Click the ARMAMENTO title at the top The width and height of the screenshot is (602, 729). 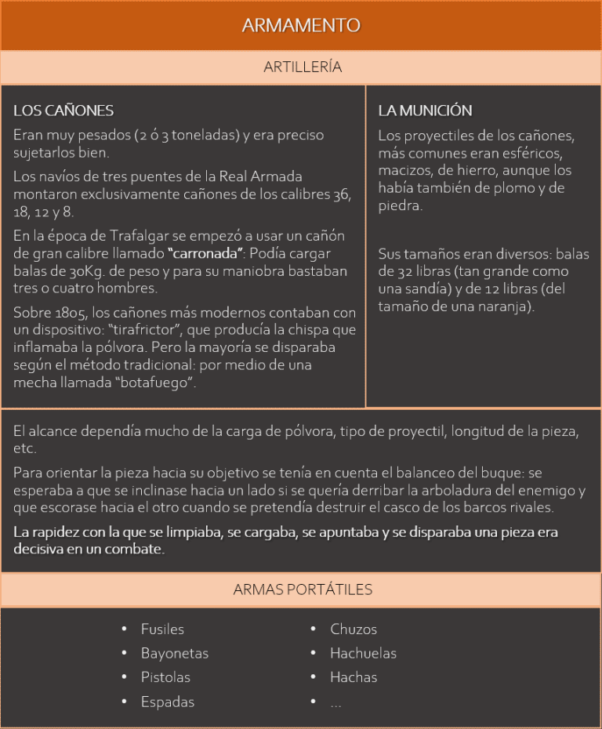pyautogui.click(x=301, y=25)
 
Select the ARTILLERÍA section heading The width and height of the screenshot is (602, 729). pyautogui.click(x=303, y=67)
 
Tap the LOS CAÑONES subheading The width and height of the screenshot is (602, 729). pyautogui.click(x=63, y=111)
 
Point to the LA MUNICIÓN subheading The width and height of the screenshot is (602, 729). pyautogui.click(x=425, y=111)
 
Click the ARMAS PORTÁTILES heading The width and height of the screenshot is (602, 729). pyautogui.click(x=303, y=589)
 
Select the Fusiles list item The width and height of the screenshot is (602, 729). pyautogui.click(x=162, y=629)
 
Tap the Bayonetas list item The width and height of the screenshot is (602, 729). pyautogui.click(x=174, y=653)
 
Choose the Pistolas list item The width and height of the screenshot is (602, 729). pyautogui.click(x=165, y=677)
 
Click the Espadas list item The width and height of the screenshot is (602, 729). pyautogui.click(x=167, y=702)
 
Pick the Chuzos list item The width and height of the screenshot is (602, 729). pyautogui.click(x=354, y=629)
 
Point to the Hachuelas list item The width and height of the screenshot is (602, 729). pyautogui.click(x=363, y=653)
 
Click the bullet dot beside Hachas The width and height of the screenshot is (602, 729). pyautogui.click(x=313, y=677)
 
